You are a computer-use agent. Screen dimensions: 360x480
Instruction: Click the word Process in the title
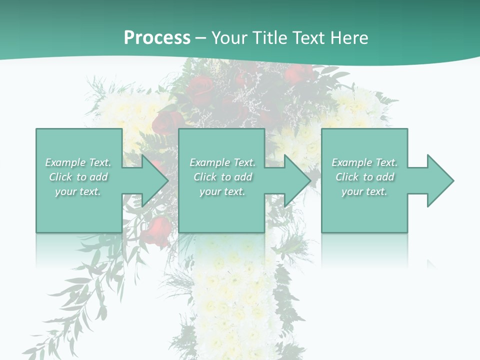pos(157,38)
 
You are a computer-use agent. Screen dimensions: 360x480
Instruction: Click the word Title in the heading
pos(269,38)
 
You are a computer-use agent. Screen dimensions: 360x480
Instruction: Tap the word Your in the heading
pos(229,38)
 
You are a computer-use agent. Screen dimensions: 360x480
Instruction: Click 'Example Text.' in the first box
pos(78,162)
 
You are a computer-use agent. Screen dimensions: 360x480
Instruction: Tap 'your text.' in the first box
pos(78,191)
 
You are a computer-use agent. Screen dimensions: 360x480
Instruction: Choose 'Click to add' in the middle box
pos(222,177)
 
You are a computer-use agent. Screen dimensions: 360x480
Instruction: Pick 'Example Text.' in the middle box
pos(222,162)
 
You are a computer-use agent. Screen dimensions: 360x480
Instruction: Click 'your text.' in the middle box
pos(222,191)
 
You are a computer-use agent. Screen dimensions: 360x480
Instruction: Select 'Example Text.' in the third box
pos(364,162)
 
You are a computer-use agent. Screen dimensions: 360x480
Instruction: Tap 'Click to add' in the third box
pos(364,177)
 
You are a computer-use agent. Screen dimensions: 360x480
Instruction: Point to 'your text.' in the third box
pos(364,191)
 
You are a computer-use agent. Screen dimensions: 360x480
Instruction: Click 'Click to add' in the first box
pos(78,177)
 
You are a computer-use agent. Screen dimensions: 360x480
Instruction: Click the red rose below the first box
pos(159,229)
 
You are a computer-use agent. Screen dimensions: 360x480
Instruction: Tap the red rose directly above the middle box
pos(168,121)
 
